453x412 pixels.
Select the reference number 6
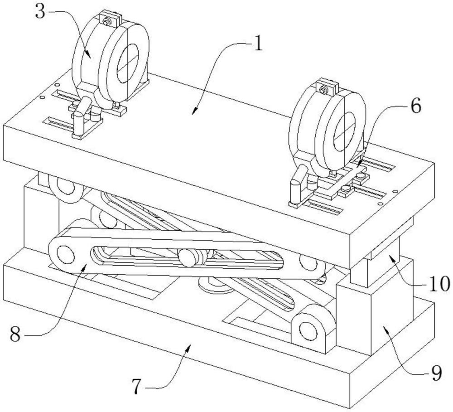coord(416,107)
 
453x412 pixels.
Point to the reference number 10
coord(439,284)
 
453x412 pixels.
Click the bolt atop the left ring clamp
coord(107,21)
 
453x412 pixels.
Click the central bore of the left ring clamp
coord(127,63)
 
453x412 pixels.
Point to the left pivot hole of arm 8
coord(66,255)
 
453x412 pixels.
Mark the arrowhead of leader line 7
coord(188,348)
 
